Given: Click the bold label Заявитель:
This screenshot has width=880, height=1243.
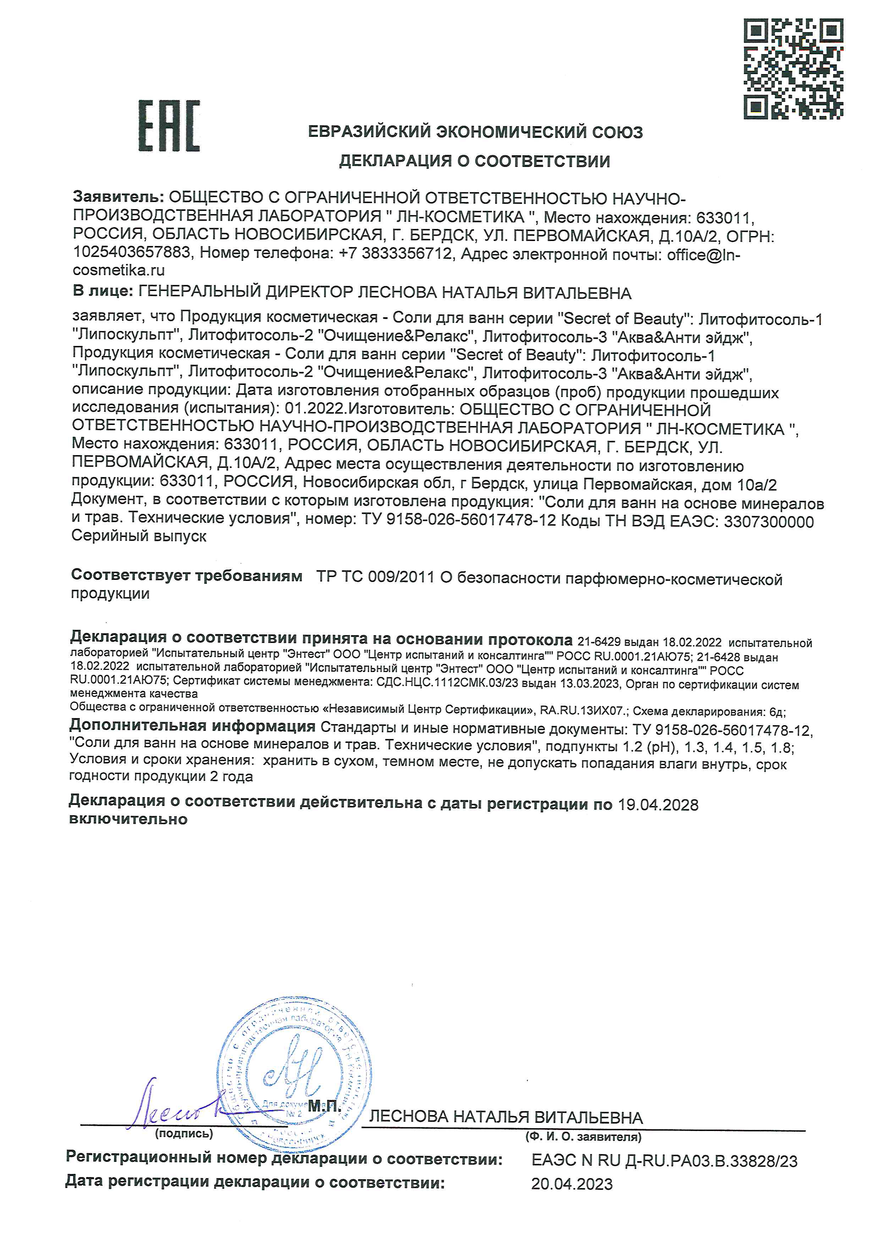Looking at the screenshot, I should (118, 198).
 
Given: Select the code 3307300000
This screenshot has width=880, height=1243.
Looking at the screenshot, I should (768, 521).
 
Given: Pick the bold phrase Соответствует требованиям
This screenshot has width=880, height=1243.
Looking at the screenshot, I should (186, 576).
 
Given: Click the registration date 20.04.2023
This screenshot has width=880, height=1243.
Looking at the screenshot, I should (572, 1184).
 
